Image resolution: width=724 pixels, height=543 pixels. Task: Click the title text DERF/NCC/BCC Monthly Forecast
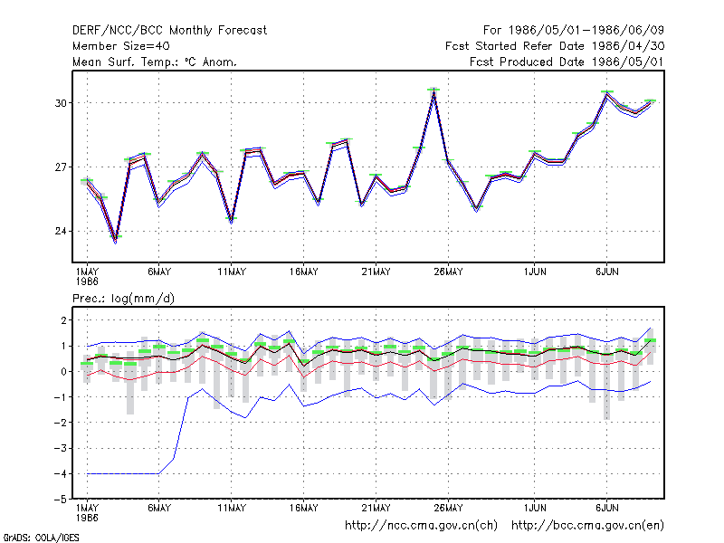coord(169,31)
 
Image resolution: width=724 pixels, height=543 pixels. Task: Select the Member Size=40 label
coord(121,46)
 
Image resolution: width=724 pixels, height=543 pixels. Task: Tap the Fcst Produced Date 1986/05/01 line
coord(567,62)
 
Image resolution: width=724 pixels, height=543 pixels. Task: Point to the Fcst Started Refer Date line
coord(555,46)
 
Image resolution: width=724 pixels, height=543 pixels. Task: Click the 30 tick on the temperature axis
coord(61,103)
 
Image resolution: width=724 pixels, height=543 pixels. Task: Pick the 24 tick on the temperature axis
coord(61,231)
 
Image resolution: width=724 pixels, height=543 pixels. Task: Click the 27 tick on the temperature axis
coord(61,167)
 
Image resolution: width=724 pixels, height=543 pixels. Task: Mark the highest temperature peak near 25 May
coord(433,90)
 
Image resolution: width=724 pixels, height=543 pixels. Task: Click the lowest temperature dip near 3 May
coord(116,240)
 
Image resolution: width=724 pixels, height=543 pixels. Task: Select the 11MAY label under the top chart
coord(232,272)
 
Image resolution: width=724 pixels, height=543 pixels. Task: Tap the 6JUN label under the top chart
coord(607,272)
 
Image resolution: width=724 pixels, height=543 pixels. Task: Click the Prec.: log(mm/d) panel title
coord(123,299)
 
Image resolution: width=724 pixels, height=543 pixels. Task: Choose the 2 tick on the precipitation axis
coord(63,320)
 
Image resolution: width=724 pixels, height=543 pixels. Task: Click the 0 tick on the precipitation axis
coord(63,371)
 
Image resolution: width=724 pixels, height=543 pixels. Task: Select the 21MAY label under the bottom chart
coord(376,508)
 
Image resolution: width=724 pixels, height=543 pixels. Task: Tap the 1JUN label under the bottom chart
coord(535,508)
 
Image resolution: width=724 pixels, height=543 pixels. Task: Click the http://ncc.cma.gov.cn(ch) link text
coord(421,526)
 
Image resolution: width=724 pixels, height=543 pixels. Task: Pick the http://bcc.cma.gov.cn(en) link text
coord(587,526)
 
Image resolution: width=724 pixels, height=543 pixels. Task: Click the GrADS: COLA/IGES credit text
coord(41,538)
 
